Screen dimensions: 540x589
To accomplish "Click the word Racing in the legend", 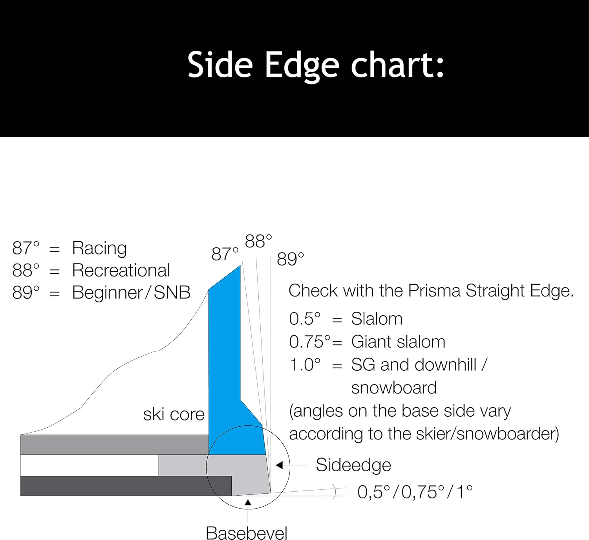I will coord(99,248).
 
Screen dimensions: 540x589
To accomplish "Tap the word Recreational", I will coord(121,271).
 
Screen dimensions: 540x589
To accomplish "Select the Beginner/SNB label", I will coord(131,293).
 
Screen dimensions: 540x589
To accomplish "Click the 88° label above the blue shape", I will coord(258,241).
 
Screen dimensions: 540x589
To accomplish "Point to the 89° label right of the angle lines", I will coord(290,259).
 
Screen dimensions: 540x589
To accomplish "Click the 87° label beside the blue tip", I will coord(225,254).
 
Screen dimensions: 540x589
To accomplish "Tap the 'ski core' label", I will coord(174,415).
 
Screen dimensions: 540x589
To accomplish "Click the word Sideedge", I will coord(353,465).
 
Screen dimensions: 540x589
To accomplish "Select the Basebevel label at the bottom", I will coord(247,533).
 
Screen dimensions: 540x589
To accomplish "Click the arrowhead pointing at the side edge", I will coord(279,465).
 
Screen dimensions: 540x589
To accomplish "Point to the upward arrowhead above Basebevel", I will coord(248,502).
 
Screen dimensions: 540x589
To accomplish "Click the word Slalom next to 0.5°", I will coord(377,319).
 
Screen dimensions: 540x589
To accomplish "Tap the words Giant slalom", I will coord(398,342).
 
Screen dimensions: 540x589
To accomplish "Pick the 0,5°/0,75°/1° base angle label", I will coord(415,492).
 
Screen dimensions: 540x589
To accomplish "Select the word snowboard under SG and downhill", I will coord(394,388).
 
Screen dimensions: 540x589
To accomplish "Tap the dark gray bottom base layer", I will coord(126,486).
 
